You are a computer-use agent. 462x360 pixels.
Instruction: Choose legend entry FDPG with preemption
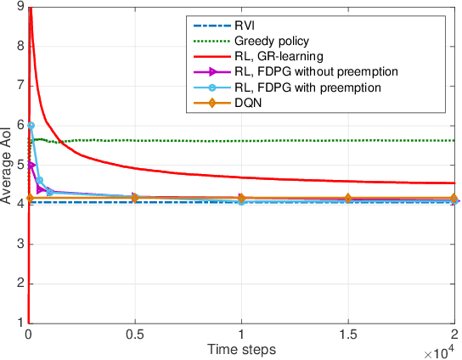point(304,87)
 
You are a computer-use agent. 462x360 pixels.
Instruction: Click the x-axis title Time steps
point(241,349)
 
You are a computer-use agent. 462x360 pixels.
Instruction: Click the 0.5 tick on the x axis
point(135,335)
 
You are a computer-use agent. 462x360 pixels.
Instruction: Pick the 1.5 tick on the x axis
point(347,335)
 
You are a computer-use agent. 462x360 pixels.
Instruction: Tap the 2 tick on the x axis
point(454,335)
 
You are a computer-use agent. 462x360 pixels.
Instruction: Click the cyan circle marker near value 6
point(31,125)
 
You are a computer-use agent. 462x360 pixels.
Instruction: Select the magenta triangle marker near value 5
point(32,165)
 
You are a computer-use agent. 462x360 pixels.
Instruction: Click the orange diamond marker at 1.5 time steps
point(347,198)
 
